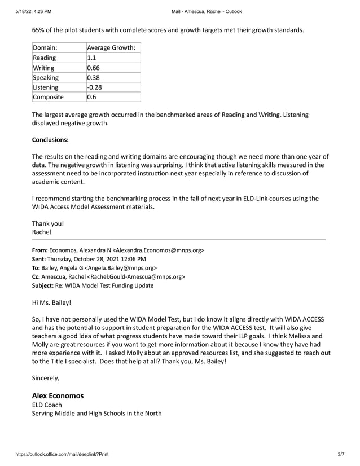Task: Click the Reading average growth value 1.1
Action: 91,58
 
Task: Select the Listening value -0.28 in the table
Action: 94,87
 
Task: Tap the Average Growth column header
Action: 111,47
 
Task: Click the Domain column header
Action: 45,47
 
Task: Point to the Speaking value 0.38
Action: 94,77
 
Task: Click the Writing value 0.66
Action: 94,67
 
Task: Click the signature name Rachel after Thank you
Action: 42,231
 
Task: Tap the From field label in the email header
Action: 39,249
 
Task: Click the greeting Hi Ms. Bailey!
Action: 52,302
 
